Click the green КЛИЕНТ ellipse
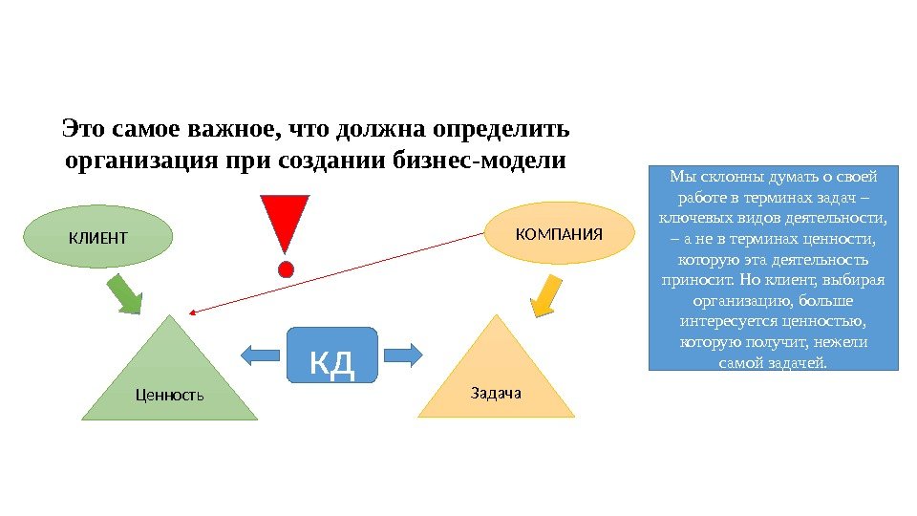(96, 236)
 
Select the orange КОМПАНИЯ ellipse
(560, 233)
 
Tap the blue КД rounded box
(332, 355)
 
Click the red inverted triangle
(285, 224)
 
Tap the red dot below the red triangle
(285, 269)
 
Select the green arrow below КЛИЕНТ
(124, 293)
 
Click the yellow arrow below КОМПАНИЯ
(545, 294)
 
